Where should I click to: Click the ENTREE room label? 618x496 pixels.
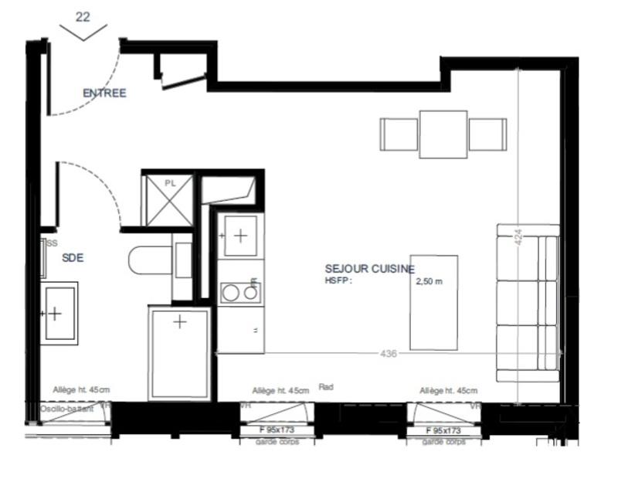click(x=104, y=93)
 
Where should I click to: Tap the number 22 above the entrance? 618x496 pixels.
click(x=83, y=16)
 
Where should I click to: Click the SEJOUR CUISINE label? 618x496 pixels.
click(x=369, y=269)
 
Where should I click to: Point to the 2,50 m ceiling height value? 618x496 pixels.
click(x=430, y=281)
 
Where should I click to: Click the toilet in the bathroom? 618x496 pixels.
click(x=151, y=260)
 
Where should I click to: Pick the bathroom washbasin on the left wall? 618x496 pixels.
click(x=60, y=313)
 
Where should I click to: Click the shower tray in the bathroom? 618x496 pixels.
click(x=179, y=352)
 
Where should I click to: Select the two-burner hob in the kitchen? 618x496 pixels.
click(x=240, y=292)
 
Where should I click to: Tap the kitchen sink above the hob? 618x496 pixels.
click(x=240, y=236)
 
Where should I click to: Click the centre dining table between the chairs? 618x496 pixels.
click(x=443, y=134)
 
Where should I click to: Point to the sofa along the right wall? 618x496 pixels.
click(x=528, y=303)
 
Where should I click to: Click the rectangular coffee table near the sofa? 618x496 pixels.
click(x=433, y=302)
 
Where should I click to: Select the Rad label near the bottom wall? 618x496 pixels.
click(x=325, y=387)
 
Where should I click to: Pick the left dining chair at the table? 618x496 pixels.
click(x=399, y=134)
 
